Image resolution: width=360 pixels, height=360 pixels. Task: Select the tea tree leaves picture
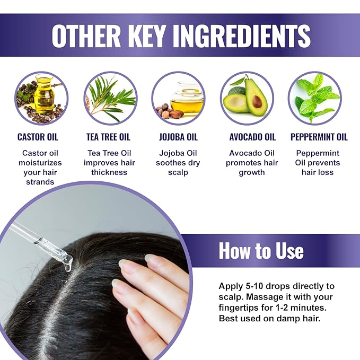110,98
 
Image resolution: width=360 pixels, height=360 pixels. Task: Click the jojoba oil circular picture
178,98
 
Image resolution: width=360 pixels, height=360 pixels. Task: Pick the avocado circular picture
247,98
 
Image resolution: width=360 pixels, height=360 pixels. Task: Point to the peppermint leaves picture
315,98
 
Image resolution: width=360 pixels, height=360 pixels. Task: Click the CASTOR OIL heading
38,137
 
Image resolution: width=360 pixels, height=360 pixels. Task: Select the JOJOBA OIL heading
178,137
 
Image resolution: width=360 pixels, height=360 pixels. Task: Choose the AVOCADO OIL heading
252,137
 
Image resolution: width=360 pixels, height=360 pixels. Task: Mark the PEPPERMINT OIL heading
319,137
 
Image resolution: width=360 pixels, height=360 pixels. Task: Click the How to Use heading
261,250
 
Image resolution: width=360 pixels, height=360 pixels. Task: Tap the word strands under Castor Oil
40,182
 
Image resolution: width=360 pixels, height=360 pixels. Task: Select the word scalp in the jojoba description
178,172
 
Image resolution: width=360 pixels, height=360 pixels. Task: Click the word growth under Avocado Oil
252,172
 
